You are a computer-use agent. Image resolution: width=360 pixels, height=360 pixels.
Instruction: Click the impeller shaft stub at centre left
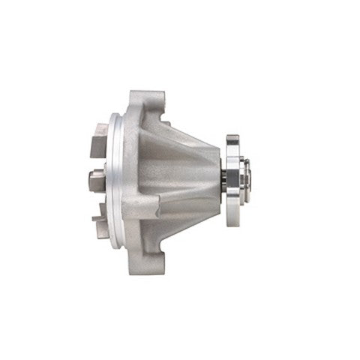[x=95, y=179]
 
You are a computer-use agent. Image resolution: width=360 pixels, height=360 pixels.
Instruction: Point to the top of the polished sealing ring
[x=115, y=120]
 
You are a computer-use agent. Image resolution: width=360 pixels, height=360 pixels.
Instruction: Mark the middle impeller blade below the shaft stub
[x=98, y=206]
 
